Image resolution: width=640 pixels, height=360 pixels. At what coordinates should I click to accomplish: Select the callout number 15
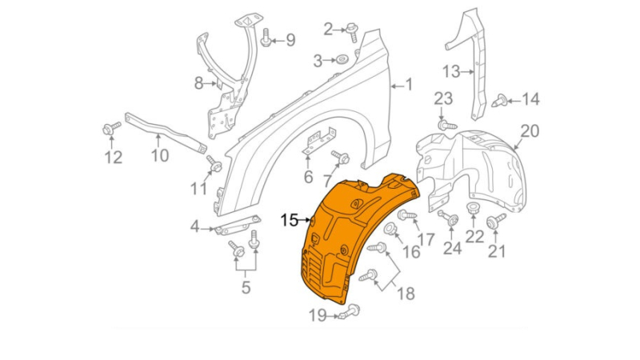point(290,221)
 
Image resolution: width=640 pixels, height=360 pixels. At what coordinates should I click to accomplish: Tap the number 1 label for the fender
point(410,85)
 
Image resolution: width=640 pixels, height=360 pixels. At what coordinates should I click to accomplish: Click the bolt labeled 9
point(266,38)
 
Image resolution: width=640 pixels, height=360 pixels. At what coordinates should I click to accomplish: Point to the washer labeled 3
point(342,61)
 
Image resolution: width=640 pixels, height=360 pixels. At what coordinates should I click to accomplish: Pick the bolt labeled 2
point(352,32)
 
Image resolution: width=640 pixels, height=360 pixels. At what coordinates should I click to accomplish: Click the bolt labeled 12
point(111,129)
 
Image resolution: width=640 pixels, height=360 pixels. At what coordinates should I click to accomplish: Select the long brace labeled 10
point(166,133)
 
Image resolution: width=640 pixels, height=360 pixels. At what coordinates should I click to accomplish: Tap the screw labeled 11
point(214,164)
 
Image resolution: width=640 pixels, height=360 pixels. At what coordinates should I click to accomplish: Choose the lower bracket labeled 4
point(238,225)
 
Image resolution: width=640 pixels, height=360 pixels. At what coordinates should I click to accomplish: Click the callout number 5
point(246,288)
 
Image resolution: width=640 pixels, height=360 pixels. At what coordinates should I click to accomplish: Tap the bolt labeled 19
point(349,312)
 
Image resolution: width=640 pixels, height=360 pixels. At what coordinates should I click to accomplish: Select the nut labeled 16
point(390,230)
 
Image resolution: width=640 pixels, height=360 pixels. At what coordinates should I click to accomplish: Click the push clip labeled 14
point(502,101)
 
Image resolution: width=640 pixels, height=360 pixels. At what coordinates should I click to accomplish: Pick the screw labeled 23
point(447,125)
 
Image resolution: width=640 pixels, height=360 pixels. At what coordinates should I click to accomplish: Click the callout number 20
point(530,131)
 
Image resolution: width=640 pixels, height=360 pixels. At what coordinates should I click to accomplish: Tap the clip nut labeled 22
point(474,208)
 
